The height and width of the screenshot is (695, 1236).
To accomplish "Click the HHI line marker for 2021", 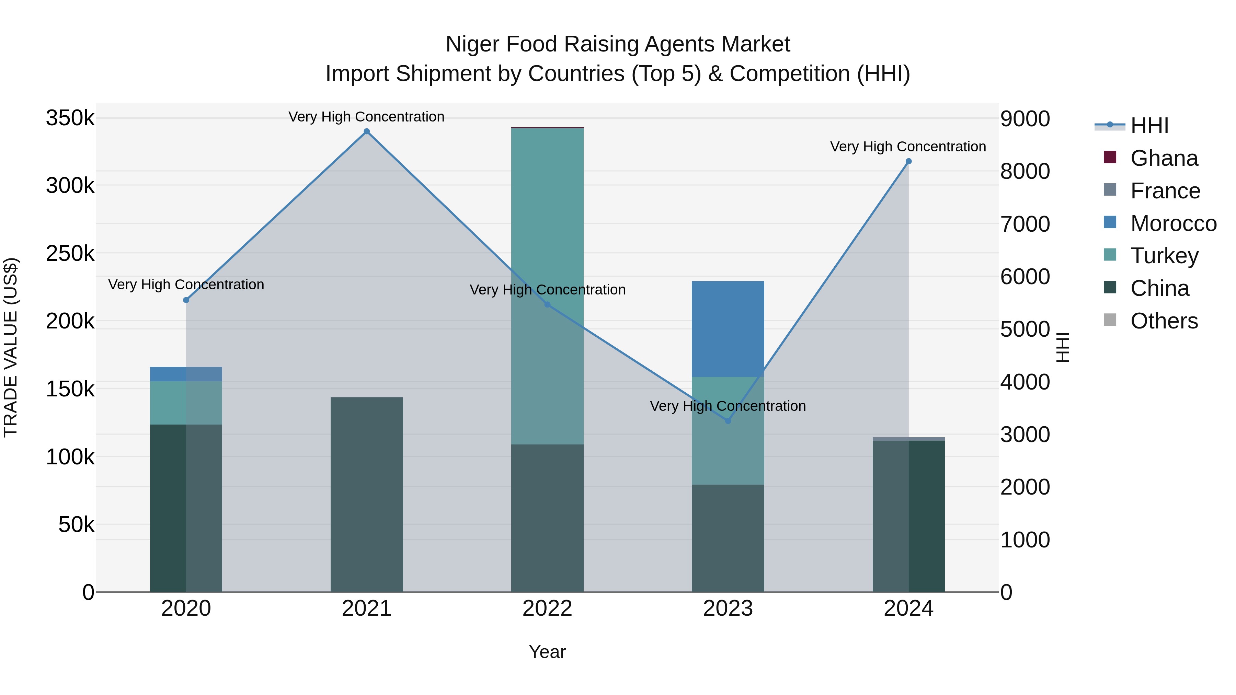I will coord(367,131).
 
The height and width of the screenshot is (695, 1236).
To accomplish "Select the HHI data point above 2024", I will coord(908,162).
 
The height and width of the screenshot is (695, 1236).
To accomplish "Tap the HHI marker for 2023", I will coord(728,421).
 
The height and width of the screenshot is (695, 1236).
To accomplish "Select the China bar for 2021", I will coord(367,494).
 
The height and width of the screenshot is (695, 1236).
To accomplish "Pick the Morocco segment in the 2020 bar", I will coord(186,374).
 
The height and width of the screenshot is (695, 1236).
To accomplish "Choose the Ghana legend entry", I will coord(1164,158).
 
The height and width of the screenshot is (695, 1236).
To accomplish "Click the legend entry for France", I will coord(1165,191).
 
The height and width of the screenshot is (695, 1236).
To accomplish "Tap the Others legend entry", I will coord(1164,321).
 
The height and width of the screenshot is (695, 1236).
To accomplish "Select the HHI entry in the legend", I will coord(1149,126).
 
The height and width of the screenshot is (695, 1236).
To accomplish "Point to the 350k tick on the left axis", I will coord(70,118).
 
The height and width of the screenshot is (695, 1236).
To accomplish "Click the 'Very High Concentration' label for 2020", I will coord(186,285).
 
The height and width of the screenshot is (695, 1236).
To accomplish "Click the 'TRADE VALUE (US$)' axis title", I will coord(11,347).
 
